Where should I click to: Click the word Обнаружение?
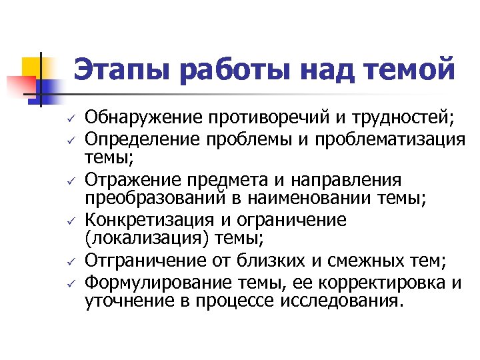137,119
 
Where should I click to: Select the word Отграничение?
139,261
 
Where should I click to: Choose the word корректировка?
395,281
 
